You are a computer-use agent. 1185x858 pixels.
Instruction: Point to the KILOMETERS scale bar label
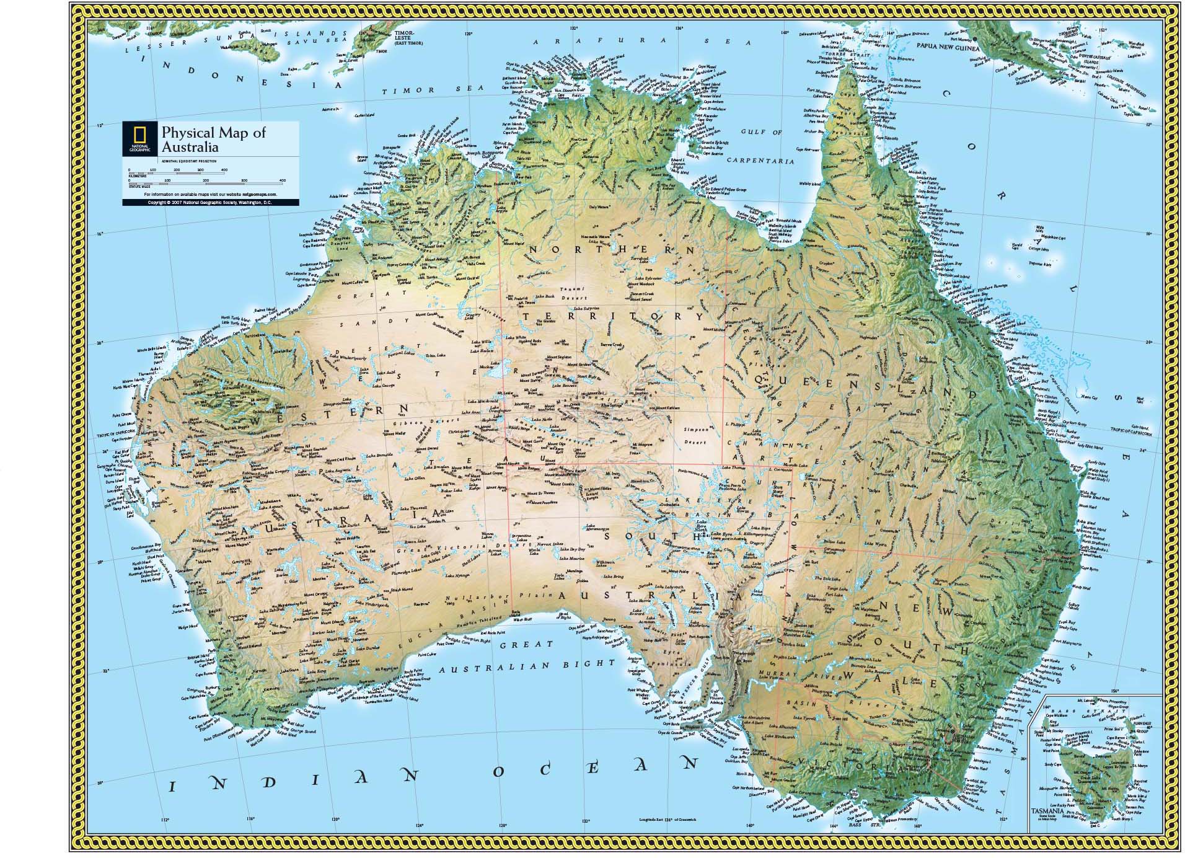[x=137, y=176]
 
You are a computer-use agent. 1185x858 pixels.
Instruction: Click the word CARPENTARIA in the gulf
[x=760, y=161]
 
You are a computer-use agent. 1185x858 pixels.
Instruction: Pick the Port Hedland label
[x=257, y=335]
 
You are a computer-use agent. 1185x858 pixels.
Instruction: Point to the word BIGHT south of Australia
[x=589, y=663]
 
